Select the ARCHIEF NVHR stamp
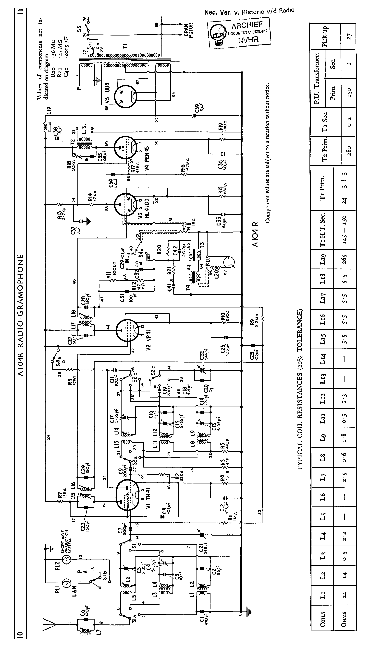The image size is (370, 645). point(239,33)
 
